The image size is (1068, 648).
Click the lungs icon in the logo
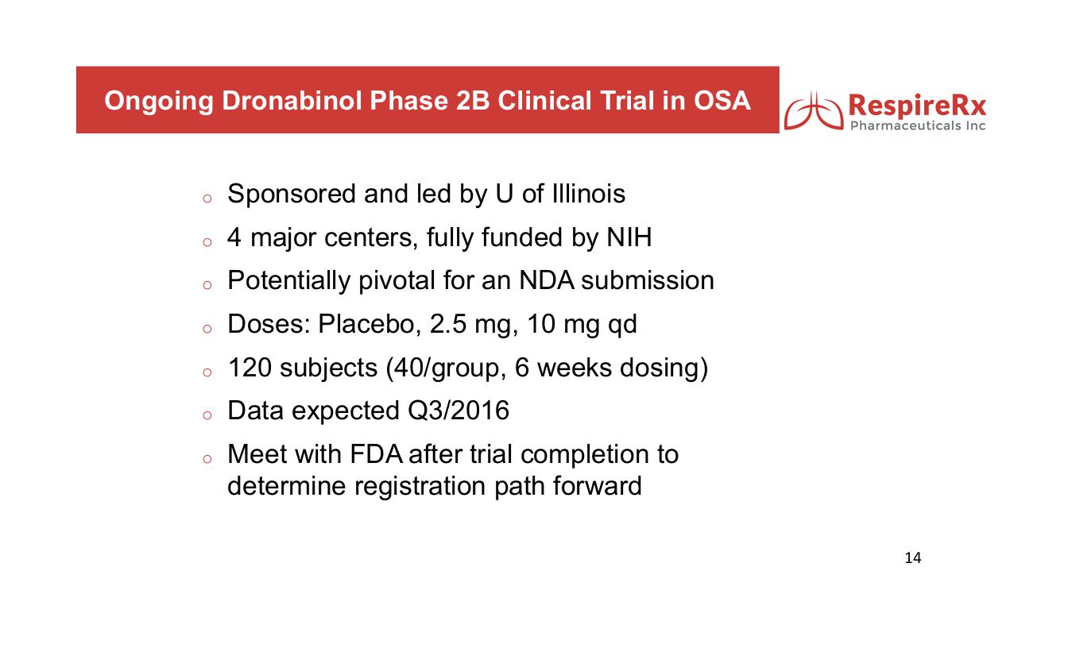[814, 111]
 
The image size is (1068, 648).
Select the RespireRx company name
[917, 106]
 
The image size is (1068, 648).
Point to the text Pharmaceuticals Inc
[918, 125]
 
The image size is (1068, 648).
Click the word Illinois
[588, 194]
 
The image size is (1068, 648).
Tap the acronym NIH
[629, 237]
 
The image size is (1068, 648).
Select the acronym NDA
[547, 280]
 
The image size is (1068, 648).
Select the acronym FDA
[376, 454]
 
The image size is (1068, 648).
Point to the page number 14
[912, 557]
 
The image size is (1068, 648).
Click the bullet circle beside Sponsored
[207, 199]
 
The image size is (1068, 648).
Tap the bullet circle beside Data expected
[207, 415]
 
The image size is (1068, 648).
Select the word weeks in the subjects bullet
[575, 368]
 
